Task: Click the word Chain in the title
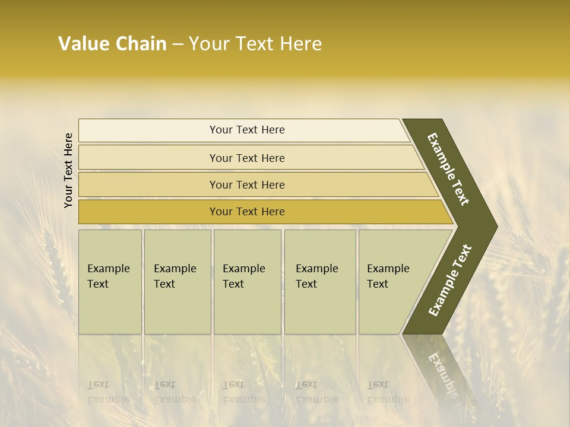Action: [141, 44]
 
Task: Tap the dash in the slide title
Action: [177, 44]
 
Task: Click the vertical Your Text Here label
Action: [68, 171]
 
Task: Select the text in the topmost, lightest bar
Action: [247, 130]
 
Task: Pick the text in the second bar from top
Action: [247, 158]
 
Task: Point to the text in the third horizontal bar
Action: [247, 185]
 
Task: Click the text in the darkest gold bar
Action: [247, 212]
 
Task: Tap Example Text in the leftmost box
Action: [108, 276]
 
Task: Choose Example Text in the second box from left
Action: [175, 276]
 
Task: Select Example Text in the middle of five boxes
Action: [243, 276]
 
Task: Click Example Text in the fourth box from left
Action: [316, 276]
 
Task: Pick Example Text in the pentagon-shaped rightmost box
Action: [388, 276]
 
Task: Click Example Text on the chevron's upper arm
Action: [448, 170]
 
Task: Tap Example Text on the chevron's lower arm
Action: [450, 280]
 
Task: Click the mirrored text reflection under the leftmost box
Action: [108, 392]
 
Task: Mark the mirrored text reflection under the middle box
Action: [243, 392]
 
